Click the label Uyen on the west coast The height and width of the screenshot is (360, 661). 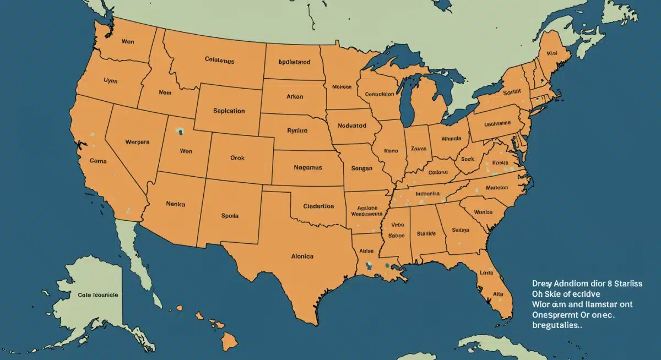pos(111,80)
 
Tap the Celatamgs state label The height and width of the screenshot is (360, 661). pos(219,60)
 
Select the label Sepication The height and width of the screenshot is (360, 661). pos(229,111)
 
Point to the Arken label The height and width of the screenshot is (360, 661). pos(295,96)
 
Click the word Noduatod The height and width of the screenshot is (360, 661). pos(352,126)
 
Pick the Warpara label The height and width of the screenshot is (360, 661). pos(137,141)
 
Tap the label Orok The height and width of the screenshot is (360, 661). pos(237,157)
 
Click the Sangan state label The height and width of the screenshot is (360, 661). pos(361,168)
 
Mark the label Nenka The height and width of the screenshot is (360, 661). pos(175,204)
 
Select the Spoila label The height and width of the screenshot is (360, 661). pos(229,216)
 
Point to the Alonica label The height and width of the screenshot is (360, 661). pos(302,257)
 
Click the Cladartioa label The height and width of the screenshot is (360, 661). pos(318,206)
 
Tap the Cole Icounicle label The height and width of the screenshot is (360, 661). pos(97,295)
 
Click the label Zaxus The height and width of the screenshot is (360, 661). pos(419,149)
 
